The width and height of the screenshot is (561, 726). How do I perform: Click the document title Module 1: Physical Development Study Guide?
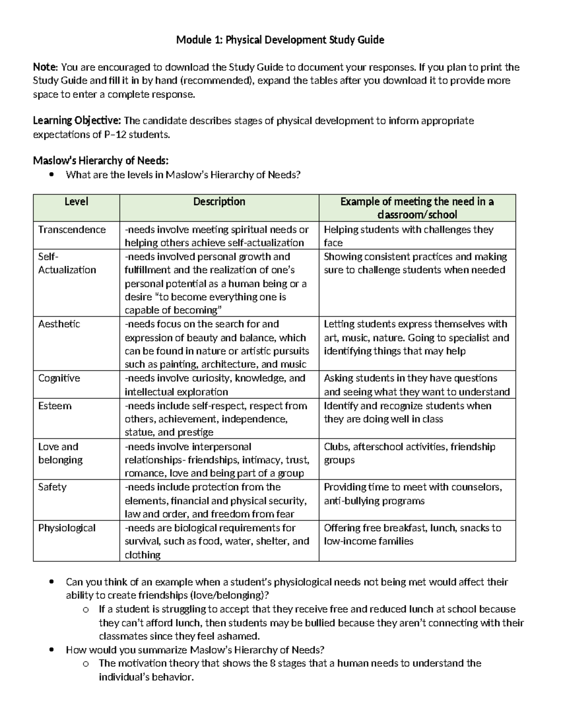(x=280, y=40)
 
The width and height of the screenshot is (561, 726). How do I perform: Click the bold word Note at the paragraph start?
(x=44, y=67)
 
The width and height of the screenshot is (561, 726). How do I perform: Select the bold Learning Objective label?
(x=77, y=121)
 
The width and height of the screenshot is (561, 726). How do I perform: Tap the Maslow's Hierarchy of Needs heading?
(x=100, y=161)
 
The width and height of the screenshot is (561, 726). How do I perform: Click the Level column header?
(x=76, y=202)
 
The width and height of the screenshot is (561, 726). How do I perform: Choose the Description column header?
(x=219, y=202)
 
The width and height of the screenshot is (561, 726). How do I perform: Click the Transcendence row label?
(x=72, y=230)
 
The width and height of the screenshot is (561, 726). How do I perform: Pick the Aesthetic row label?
(x=59, y=324)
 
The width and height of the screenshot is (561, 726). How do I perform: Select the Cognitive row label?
(x=59, y=378)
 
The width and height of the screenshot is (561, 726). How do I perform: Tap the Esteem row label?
(x=55, y=406)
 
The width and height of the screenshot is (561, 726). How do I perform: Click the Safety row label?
(x=52, y=487)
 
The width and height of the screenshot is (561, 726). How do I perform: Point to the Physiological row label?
(x=67, y=528)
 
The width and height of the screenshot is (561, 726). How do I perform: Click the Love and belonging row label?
(x=60, y=453)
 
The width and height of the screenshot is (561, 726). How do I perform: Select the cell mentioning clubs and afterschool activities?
(x=409, y=453)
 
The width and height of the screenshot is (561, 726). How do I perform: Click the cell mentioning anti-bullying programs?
(x=413, y=494)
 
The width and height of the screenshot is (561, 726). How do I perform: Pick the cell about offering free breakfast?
(x=412, y=534)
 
